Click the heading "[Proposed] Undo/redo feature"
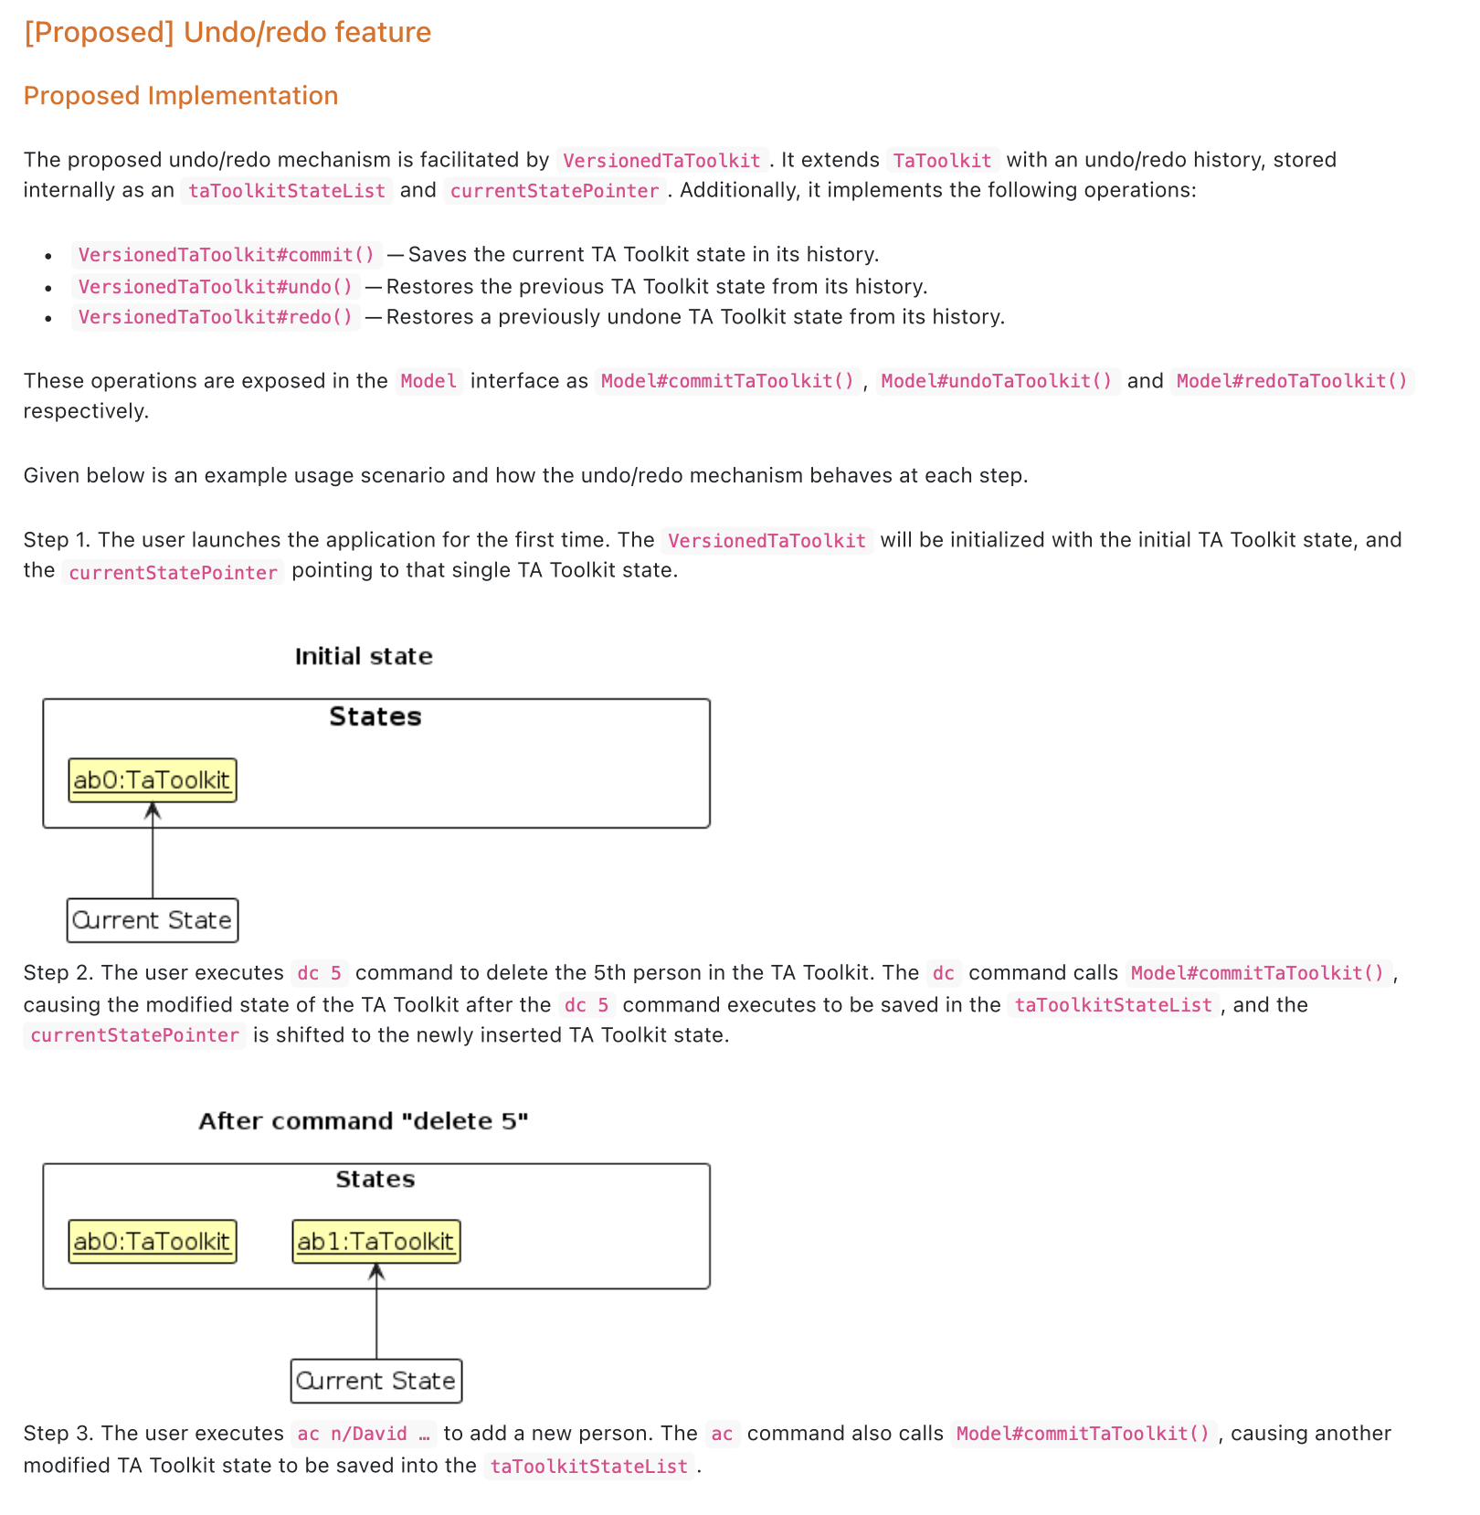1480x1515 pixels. (x=227, y=32)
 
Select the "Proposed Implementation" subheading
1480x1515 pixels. (x=181, y=96)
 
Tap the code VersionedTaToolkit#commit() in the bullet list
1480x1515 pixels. (x=227, y=255)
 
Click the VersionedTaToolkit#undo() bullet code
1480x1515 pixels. (x=216, y=287)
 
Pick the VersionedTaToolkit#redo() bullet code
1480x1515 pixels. (x=216, y=317)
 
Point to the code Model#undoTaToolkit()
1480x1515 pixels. (x=997, y=381)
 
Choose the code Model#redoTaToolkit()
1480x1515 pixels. (x=1292, y=381)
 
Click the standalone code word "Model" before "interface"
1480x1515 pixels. (x=428, y=381)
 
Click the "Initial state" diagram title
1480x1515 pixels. (x=364, y=656)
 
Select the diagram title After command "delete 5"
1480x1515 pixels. (x=364, y=1121)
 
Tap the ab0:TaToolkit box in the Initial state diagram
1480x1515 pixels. (x=153, y=780)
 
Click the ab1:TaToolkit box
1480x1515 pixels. (x=376, y=1242)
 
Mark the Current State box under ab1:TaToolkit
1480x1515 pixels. (x=376, y=1381)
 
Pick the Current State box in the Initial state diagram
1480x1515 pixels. (x=153, y=920)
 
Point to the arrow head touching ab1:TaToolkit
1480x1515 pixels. (x=376, y=1271)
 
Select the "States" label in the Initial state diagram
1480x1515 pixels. (x=375, y=716)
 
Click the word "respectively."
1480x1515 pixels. (x=86, y=411)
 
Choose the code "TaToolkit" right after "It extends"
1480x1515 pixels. (x=942, y=161)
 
